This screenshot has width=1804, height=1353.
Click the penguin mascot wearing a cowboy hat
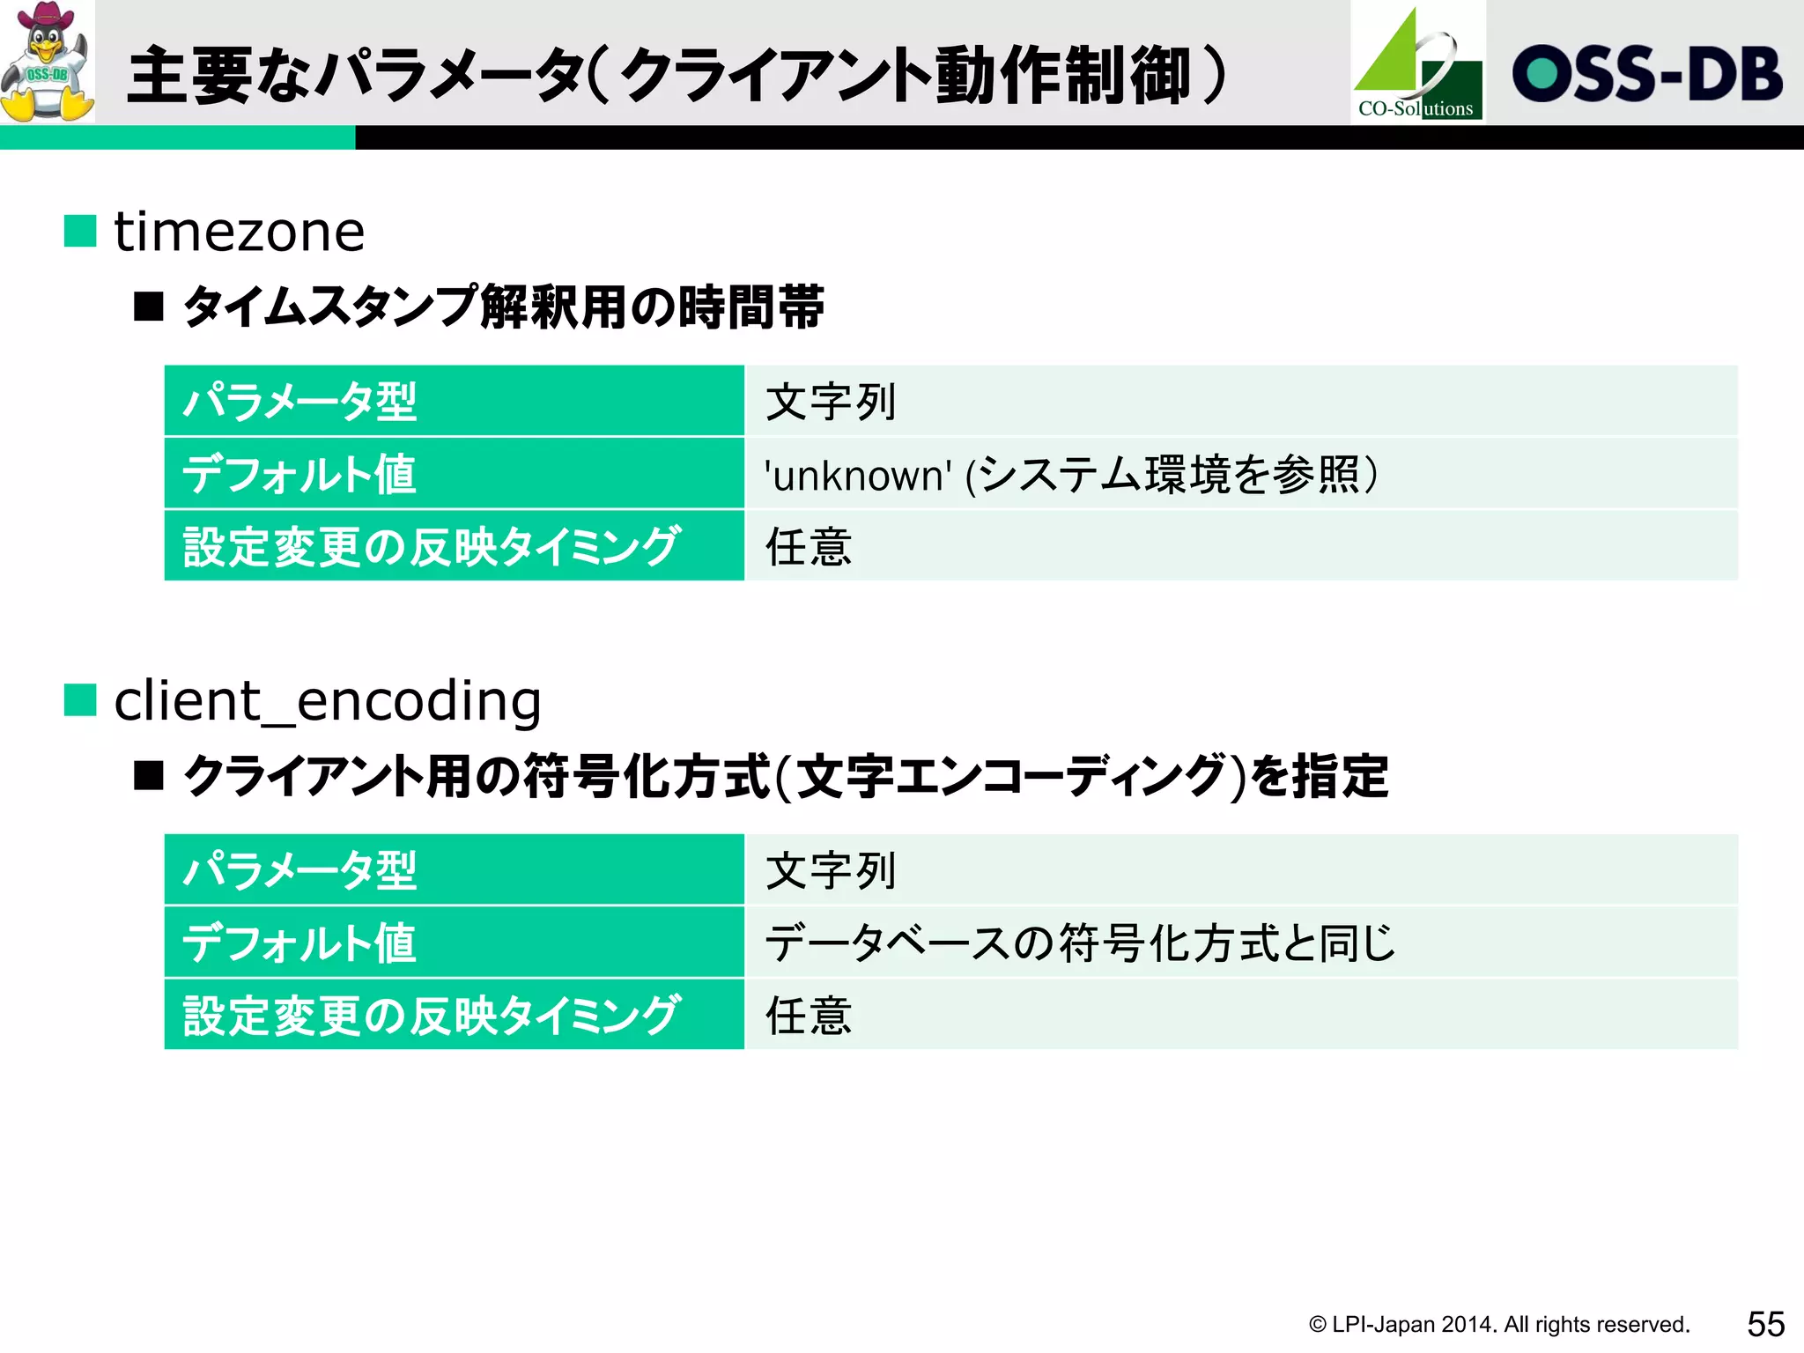(48, 62)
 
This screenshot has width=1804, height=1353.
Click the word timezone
(240, 233)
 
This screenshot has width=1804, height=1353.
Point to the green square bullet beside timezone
(80, 232)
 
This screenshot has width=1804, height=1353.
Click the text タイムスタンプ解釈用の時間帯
(504, 307)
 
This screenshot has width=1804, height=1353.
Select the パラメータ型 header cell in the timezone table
(454, 402)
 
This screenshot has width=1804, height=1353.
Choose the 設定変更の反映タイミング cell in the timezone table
(454, 546)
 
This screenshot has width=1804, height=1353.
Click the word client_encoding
(328, 702)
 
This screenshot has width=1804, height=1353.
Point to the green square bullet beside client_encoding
(80, 701)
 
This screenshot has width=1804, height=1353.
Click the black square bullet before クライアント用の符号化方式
(149, 776)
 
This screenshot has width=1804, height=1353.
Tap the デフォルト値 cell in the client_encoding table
(454, 943)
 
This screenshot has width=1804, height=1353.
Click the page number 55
(1765, 1324)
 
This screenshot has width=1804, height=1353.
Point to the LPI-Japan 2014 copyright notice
(1498, 1325)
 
